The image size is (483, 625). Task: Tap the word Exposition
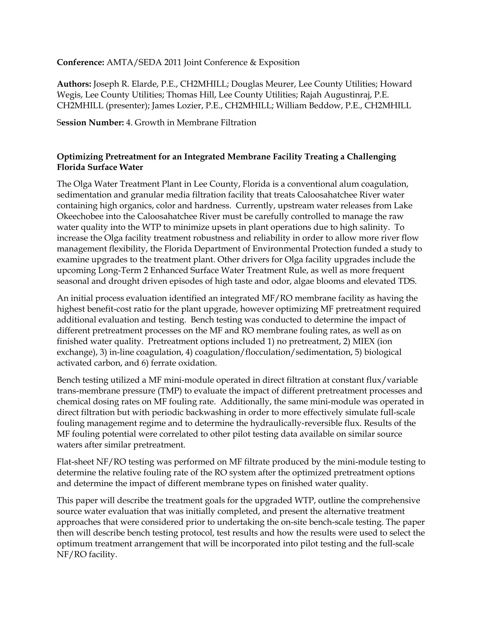click(x=279, y=63)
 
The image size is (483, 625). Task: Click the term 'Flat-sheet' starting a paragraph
click(x=75, y=462)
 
